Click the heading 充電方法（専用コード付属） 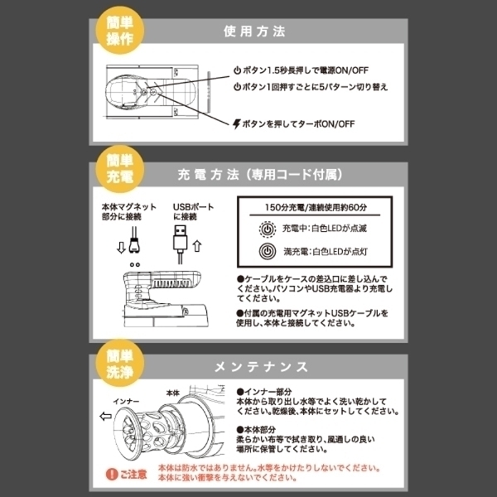point(260,176)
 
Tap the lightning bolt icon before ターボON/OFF point(238,123)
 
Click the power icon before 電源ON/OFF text point(237,70)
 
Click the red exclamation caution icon point(112,475)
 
